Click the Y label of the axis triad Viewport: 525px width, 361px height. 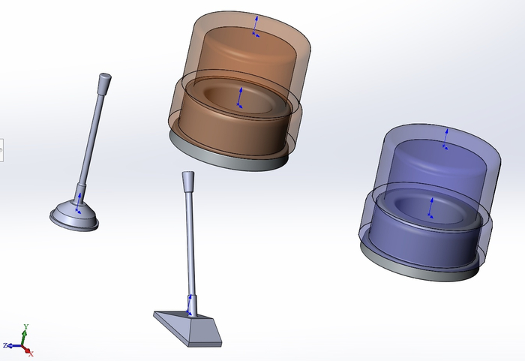pos(26,326)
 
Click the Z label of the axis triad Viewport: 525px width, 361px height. pos(5,345)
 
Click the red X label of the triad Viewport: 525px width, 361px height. pos(31,353)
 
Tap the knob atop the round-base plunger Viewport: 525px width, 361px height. pos(105,80)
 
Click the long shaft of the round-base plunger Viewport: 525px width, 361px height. pos(91,137)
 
